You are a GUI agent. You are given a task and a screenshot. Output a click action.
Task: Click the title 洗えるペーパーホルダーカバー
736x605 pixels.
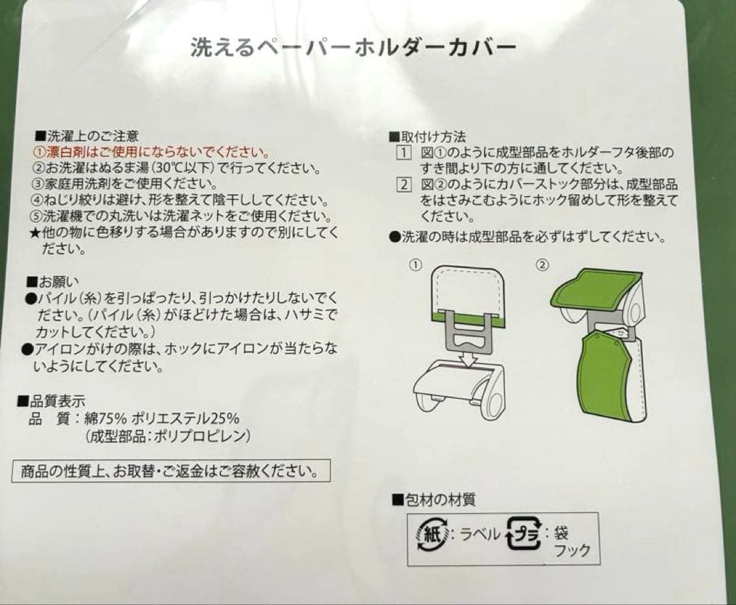(353, 48)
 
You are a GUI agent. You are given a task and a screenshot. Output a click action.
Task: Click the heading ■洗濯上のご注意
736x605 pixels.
(87, 136)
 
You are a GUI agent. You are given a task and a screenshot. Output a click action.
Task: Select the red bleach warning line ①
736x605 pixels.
(151, 152)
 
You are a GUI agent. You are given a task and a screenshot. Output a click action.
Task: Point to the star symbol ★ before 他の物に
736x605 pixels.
(35, 233)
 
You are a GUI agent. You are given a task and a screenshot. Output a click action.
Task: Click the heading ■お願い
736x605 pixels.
(53, 281)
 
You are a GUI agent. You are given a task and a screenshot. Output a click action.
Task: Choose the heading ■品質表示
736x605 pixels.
(52, 401)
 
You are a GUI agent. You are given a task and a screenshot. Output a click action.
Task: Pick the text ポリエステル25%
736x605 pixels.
(186, 418)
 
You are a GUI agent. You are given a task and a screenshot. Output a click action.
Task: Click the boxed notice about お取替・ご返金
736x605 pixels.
(171, 471)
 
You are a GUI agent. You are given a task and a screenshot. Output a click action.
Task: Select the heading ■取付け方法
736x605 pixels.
(427, 137)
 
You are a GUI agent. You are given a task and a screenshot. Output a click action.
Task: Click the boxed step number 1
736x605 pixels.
(403, 153)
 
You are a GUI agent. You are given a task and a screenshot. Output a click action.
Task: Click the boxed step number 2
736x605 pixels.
(403, 185)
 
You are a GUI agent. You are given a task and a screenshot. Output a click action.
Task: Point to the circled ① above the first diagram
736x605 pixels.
(416, 265)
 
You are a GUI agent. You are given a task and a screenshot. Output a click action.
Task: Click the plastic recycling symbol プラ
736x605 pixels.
(524, 533)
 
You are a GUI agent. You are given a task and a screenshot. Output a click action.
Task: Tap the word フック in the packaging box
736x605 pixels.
(572, 550)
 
